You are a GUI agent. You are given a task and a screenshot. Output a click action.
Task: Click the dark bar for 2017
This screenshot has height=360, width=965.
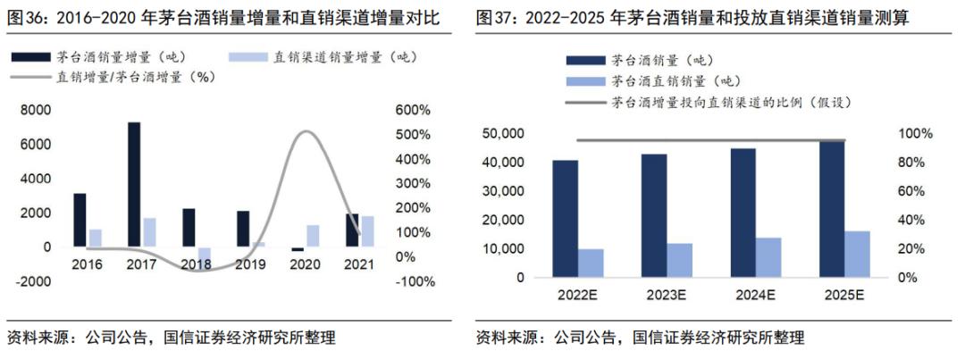click(x=134, y=184)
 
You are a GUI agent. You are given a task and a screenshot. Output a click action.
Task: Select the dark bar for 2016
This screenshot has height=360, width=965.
click(x=80, y=220)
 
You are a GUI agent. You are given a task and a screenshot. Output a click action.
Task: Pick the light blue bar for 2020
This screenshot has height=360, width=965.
click(x=312, y=236)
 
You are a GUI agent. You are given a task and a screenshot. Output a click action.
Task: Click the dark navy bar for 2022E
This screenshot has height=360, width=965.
click(x=565, y=219)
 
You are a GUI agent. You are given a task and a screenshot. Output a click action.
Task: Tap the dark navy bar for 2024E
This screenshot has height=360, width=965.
click(x=743, y=213)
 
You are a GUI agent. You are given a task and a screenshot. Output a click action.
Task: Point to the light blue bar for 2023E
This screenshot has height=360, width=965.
click(x=680, y=260)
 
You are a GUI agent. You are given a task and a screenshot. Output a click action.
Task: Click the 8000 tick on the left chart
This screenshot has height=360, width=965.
click(x=35, y=110)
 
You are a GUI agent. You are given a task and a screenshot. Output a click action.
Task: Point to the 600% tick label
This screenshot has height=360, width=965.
click(x=414, y=110)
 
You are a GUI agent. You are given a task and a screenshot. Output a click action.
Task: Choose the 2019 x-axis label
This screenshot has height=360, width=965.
click(x=250, y=264)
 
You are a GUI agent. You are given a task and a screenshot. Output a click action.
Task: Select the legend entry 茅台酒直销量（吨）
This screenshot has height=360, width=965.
click(x=659, y=82)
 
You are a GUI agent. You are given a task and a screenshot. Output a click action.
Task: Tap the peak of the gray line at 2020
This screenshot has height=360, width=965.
click(x=306, y=132)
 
